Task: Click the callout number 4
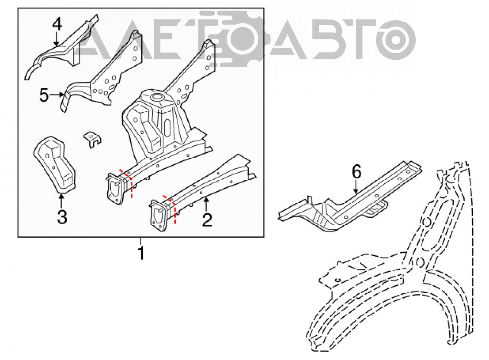(x=57, y=24)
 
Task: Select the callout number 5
(x=44, y=95)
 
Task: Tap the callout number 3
(x=62, y=217)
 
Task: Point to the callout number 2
(x=207, y=220)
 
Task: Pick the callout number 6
(x=356, y=172)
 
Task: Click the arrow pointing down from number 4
(x=56, y=39)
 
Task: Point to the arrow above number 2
(x=205, y=204)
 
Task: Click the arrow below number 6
(x=356, y=187)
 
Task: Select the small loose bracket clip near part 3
(x=92, y=139)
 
